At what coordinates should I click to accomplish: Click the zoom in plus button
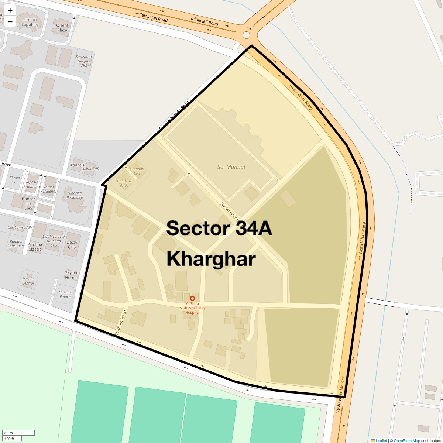pyautogui.click(x=10, y=11)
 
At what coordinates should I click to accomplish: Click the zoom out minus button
pyautogui.click(x=10, y=21)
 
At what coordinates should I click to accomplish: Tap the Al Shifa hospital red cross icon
pyautogui.click(x=192, y=298)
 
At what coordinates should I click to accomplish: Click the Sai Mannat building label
pyautogui.click(x=231, y=167)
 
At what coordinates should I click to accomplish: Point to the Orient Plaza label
pyautogui.click(x=62, y=28)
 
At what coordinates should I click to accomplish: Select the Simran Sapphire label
pyautogui.click(x=30, y=22)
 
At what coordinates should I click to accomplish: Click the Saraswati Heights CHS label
pyautogui.click(x=84, y=61)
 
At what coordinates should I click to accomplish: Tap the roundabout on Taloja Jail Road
pyautogui.click(x=246, y=35)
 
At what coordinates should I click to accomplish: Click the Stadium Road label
pyautogui.click(x=120, y=323)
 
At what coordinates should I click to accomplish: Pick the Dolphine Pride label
pyautogui.click(x=124, y=183)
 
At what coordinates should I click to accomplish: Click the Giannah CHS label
pyautogui.click(x=137, y=171)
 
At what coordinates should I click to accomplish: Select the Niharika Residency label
pyautogui.click(x=75, y=195)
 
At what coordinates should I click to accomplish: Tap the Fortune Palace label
pyautogui.click(x=65, y=294)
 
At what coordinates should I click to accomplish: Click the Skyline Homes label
pyautogui.click(x=72, y=275)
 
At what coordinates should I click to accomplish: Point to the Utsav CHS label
pyautogui.click(x=72, y=245)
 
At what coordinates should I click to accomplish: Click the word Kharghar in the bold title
pyautogui.click(x=211, y=259)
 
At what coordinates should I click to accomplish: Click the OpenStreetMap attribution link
pyautogui.click(x=406, y=440)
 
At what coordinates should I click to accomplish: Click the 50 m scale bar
pyautogui.click(x=18, y=433)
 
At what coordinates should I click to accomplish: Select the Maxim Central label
pyautogui.click(x=28, y=281)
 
